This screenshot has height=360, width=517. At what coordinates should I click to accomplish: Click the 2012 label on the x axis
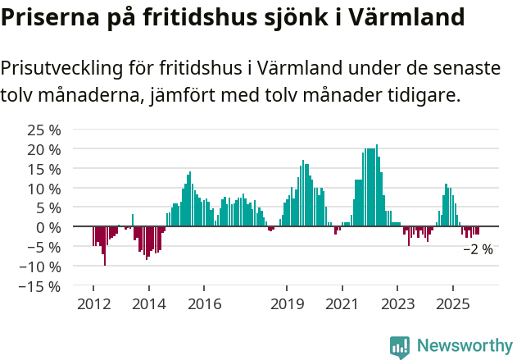pyautogui.click(x=93, y=304)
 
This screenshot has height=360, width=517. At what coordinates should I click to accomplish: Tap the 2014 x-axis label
pyautogui.click(x=148, y=304)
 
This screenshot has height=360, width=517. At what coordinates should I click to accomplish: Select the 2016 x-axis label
pyautogui.click(x=204, y=304)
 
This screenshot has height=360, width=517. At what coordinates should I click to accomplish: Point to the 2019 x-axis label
pyautogui.click(x=287, y=304)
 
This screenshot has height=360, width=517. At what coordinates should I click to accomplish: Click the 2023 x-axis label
pyautogui.click(x=397, y=304)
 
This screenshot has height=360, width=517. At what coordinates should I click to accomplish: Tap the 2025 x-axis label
pyautogui.click(x=453, y=304)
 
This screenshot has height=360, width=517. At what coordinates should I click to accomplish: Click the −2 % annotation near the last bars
pyautogui.click(x=478, y=249)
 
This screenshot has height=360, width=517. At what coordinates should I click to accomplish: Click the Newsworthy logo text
pyautogui.click(x=464, y=346)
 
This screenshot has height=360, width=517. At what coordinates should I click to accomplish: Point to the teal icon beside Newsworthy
pyautogui.click(x=400, y=347)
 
